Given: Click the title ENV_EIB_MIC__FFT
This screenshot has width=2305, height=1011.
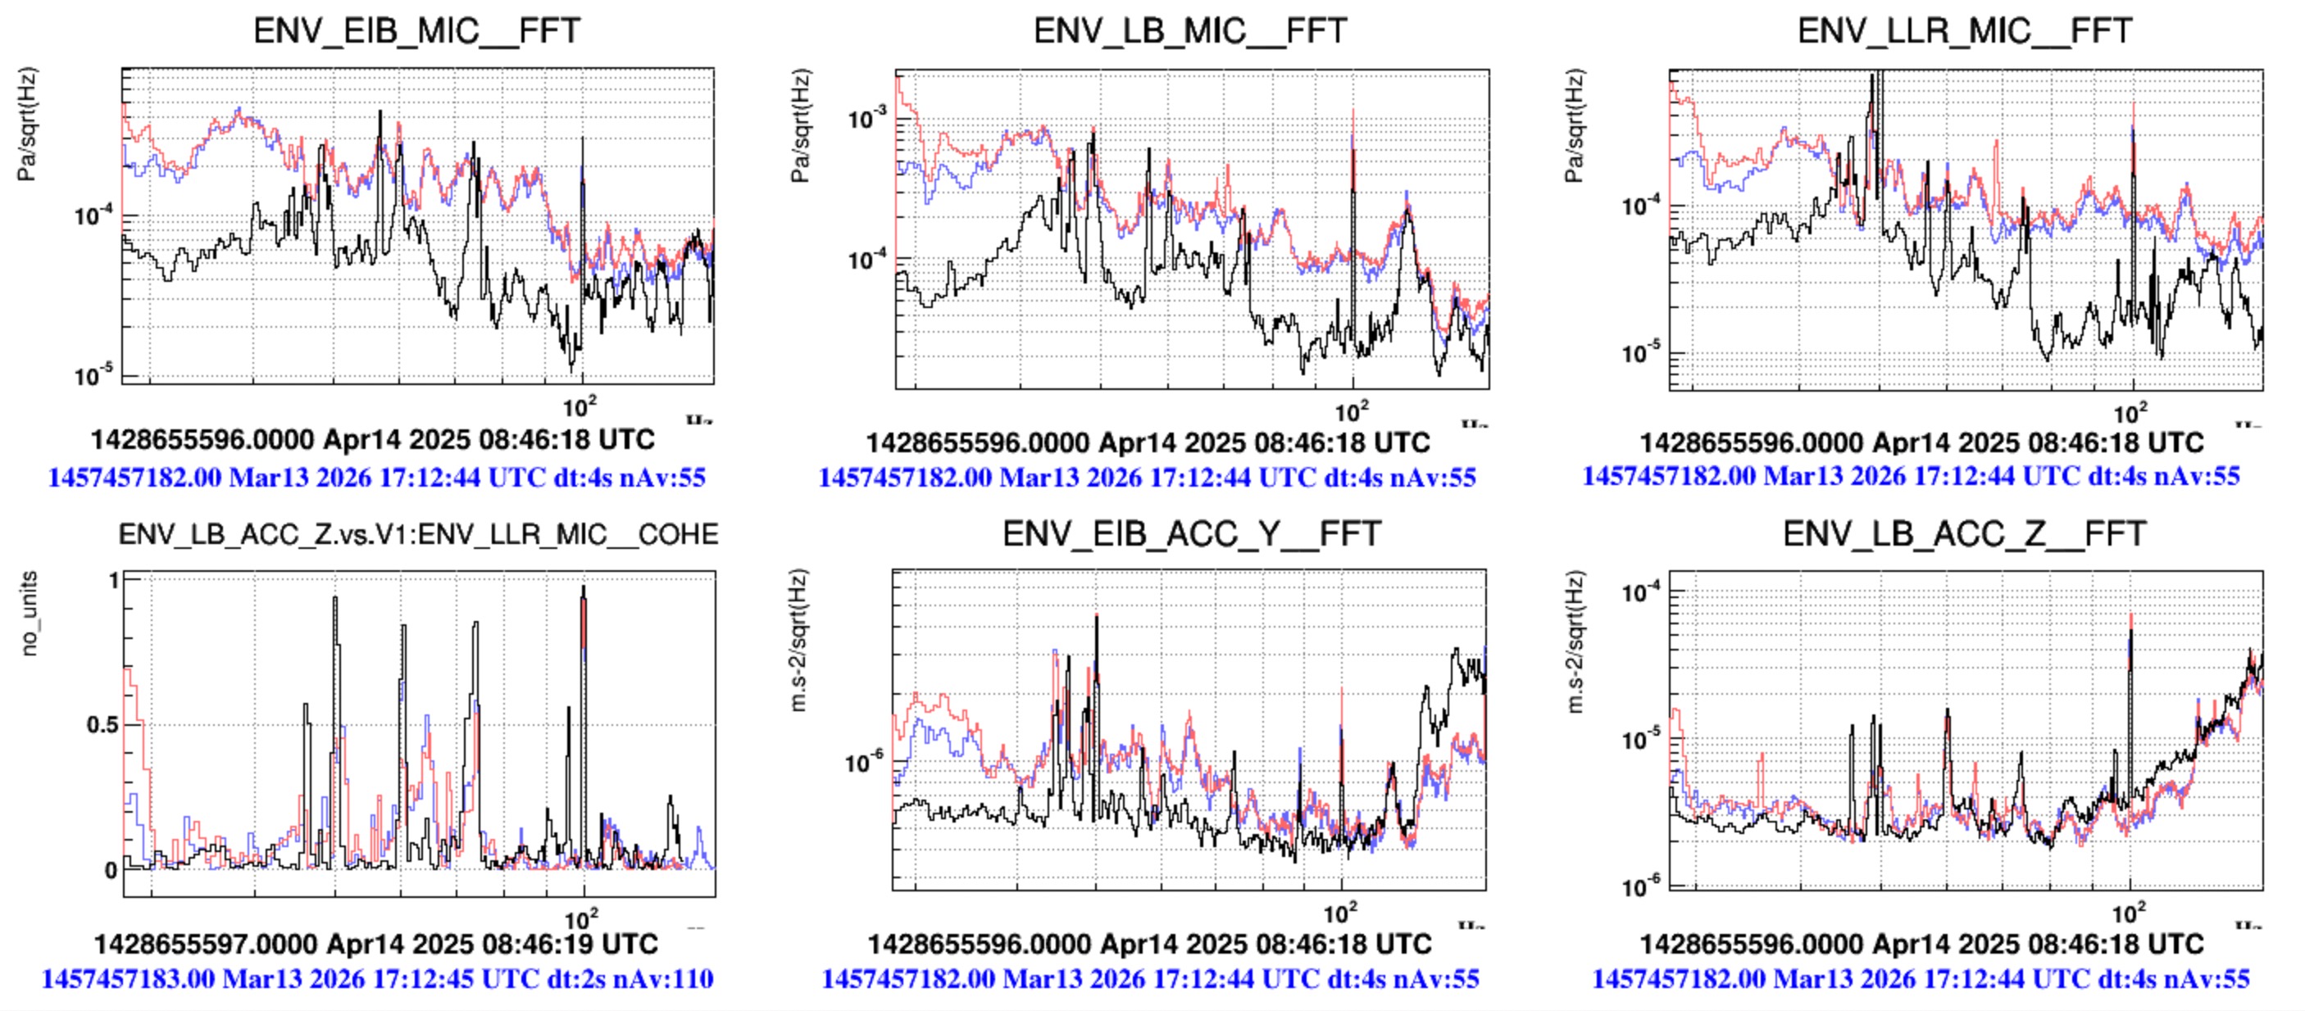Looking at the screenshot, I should coord(417,30).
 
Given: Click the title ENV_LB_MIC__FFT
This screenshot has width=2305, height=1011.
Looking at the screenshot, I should coord(1190,30).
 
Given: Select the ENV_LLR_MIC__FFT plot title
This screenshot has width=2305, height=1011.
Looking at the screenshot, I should coord(1965,30).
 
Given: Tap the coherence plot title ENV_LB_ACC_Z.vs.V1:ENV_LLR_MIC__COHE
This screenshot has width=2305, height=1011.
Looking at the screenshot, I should coord(418,534).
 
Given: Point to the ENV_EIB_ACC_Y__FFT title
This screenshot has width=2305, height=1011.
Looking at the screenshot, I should coord(1191,533).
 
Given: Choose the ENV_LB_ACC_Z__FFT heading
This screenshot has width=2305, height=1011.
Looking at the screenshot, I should coord(1964,533).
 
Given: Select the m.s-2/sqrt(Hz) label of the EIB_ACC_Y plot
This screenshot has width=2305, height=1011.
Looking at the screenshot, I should coord(799,641).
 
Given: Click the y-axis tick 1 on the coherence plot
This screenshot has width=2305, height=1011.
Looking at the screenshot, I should coord(113,581).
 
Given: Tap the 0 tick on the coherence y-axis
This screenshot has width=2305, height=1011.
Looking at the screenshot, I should coord(111,869).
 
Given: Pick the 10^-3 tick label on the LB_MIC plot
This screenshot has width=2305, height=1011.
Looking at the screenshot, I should coord(866,117).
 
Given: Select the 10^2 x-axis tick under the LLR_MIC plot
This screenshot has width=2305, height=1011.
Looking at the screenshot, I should coord(2129,414).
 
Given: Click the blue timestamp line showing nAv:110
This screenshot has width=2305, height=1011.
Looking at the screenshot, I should coord(378,979).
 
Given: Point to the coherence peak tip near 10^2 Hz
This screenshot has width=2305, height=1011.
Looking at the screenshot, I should coord(584,587).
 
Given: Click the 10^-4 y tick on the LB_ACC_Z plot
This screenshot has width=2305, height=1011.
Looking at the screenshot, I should coord(1640,592).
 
